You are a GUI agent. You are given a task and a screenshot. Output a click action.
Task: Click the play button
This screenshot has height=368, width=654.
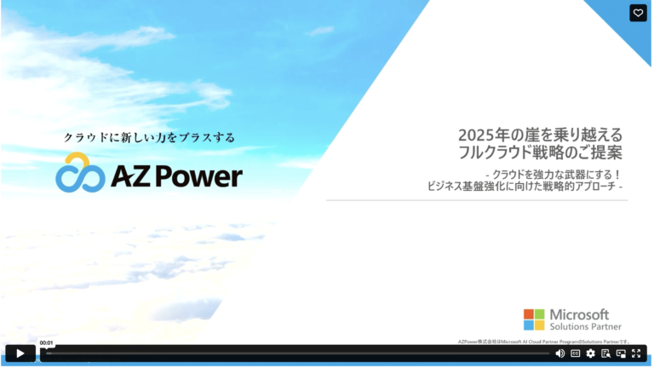coord(20,354)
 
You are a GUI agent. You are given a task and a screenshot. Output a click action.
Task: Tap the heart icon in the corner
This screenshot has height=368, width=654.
coord(638,13)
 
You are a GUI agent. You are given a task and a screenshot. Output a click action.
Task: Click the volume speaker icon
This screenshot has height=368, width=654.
coord(560,354)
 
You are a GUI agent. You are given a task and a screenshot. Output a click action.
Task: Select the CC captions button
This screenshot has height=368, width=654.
coord(576,354)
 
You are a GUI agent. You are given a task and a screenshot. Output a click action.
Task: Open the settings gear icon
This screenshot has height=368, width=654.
coord(590,354)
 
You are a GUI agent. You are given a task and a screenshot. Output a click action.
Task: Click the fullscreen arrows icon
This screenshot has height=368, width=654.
coord(636,354)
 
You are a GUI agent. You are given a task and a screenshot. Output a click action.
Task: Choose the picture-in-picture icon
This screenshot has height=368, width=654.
coord(621,354)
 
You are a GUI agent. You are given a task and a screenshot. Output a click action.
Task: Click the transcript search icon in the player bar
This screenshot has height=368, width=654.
coord(605,354)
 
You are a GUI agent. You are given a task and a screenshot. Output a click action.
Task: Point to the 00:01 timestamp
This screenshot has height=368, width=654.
coord(47,342)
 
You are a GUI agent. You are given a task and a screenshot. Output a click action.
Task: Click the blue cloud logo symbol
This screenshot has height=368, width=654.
coord(80,173)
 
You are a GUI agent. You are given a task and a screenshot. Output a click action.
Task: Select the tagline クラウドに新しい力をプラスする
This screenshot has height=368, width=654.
coord(149,137)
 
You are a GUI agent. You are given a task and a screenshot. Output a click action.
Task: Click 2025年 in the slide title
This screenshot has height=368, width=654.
coord(479,135)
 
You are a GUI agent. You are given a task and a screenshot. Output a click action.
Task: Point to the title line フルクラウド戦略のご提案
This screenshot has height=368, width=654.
coord(540,153)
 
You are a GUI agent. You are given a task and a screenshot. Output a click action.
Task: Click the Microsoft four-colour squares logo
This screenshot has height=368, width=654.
coord(534,319)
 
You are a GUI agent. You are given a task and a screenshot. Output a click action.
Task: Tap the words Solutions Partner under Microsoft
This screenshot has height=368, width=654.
coord(585,326)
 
